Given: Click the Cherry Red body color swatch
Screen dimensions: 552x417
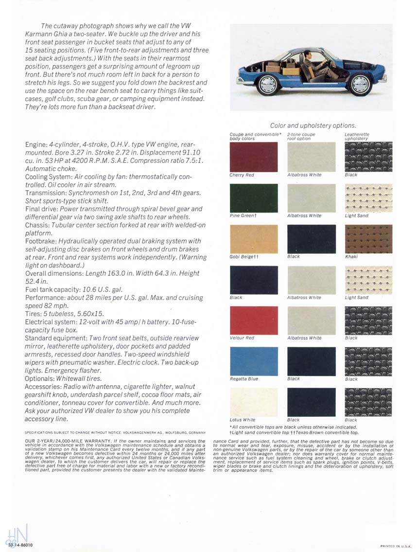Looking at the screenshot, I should [253, 157].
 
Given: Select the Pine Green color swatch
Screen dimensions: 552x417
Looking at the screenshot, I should [253, 197].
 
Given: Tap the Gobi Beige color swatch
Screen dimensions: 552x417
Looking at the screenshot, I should [253, 238].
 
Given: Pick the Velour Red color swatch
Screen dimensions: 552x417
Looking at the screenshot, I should [253, 320].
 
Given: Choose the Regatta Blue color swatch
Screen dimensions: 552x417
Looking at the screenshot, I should [253, 361].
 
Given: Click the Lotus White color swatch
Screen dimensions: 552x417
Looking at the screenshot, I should [253, 402].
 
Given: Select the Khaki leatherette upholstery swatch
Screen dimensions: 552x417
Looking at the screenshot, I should [368, 238].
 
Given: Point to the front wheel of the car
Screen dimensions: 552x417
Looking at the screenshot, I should [361, 83].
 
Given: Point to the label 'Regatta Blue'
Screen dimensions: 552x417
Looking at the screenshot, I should [244, 379].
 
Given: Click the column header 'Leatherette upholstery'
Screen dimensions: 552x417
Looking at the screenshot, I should [357, 137].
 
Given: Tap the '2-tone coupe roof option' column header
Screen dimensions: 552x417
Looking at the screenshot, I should [301, 137].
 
